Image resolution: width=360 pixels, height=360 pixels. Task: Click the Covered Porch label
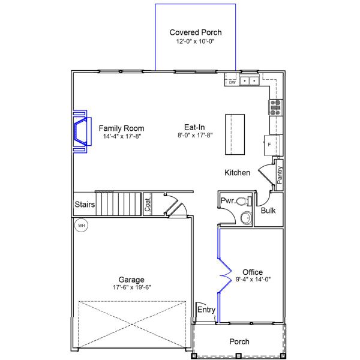point(195,32)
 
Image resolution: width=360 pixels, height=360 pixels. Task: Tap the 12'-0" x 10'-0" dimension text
point(195,42)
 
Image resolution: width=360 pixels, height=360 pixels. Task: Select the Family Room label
point(121,128)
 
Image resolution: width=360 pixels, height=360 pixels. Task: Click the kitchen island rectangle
point(235,134)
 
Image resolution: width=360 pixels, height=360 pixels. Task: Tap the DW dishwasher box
point(232,83)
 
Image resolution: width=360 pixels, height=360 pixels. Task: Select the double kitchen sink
point(250,80)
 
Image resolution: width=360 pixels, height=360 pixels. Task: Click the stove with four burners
point(275,107)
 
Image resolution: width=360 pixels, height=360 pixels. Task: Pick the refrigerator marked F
point(269,145)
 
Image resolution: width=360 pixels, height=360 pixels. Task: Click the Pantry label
point(280,176)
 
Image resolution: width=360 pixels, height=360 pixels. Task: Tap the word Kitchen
point(237,173)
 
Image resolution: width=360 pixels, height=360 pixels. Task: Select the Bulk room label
point(268,211)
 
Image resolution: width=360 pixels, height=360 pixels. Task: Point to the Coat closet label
point(147,205)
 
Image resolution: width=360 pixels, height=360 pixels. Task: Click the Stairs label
point(85,205)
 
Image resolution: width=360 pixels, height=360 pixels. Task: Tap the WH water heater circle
point(80,226)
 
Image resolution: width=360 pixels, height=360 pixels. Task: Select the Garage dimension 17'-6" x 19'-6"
point(131,287)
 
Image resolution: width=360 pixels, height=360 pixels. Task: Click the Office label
point(252,272)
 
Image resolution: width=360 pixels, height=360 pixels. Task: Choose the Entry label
point(206,310)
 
